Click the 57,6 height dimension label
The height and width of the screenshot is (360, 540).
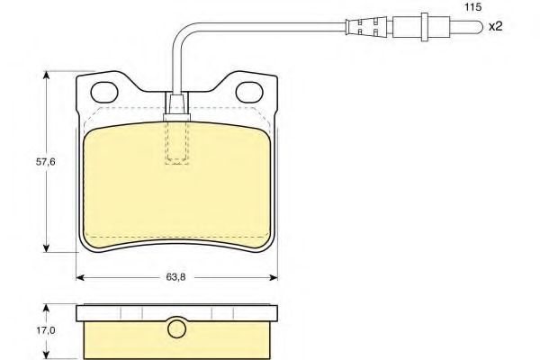coord(46,162)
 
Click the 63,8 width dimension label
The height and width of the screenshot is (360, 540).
coord(175,277)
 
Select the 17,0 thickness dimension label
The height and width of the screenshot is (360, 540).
coord(46,330)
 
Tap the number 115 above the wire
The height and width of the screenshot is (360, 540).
coord(472,7)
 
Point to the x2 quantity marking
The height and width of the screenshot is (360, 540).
coord(496,26)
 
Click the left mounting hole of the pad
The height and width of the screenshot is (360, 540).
coord(104,92)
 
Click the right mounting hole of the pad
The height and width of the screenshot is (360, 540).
coord(249,92)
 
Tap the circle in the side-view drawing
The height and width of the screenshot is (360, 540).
coord(176,328)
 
